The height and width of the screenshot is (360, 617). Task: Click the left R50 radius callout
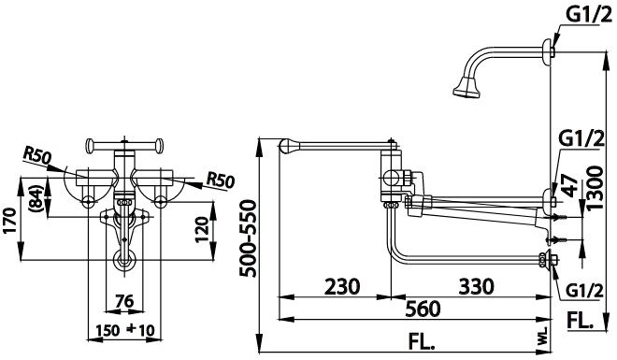pyautogui.click(x=39, y=154)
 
